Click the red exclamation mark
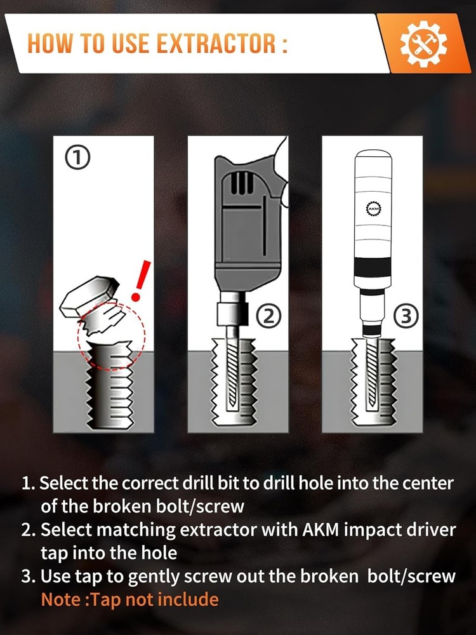click(140, 280)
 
